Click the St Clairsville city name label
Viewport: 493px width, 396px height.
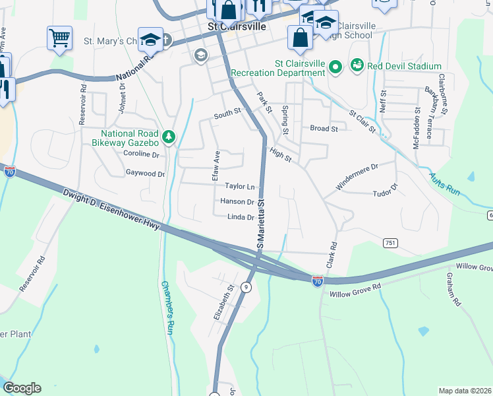tap(236, 27)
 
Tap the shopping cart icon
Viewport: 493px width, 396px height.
tap(59, 37)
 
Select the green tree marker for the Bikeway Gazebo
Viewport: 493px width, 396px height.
tap(169, 137)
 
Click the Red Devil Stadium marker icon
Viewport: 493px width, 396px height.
tap(357, 65)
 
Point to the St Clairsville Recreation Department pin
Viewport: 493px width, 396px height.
tap(335, 66)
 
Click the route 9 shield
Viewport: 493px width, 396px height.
tap(246, 287)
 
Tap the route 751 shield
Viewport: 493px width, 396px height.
tap(391, 244)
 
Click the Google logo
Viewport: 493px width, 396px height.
tap(22, 388)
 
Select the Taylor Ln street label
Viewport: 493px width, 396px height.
tap(240, 187)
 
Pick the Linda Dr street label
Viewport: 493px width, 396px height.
tap(241, 217)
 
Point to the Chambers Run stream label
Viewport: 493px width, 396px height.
tap(167, 308)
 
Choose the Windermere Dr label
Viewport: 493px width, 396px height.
tap(357, 177)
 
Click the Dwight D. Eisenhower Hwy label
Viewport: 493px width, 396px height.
tap(111, 211)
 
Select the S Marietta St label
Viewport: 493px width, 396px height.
tap(260, 224)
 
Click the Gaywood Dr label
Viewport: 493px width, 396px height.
tap(145, 174)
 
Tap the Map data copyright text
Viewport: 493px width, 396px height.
tap(465, 391)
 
